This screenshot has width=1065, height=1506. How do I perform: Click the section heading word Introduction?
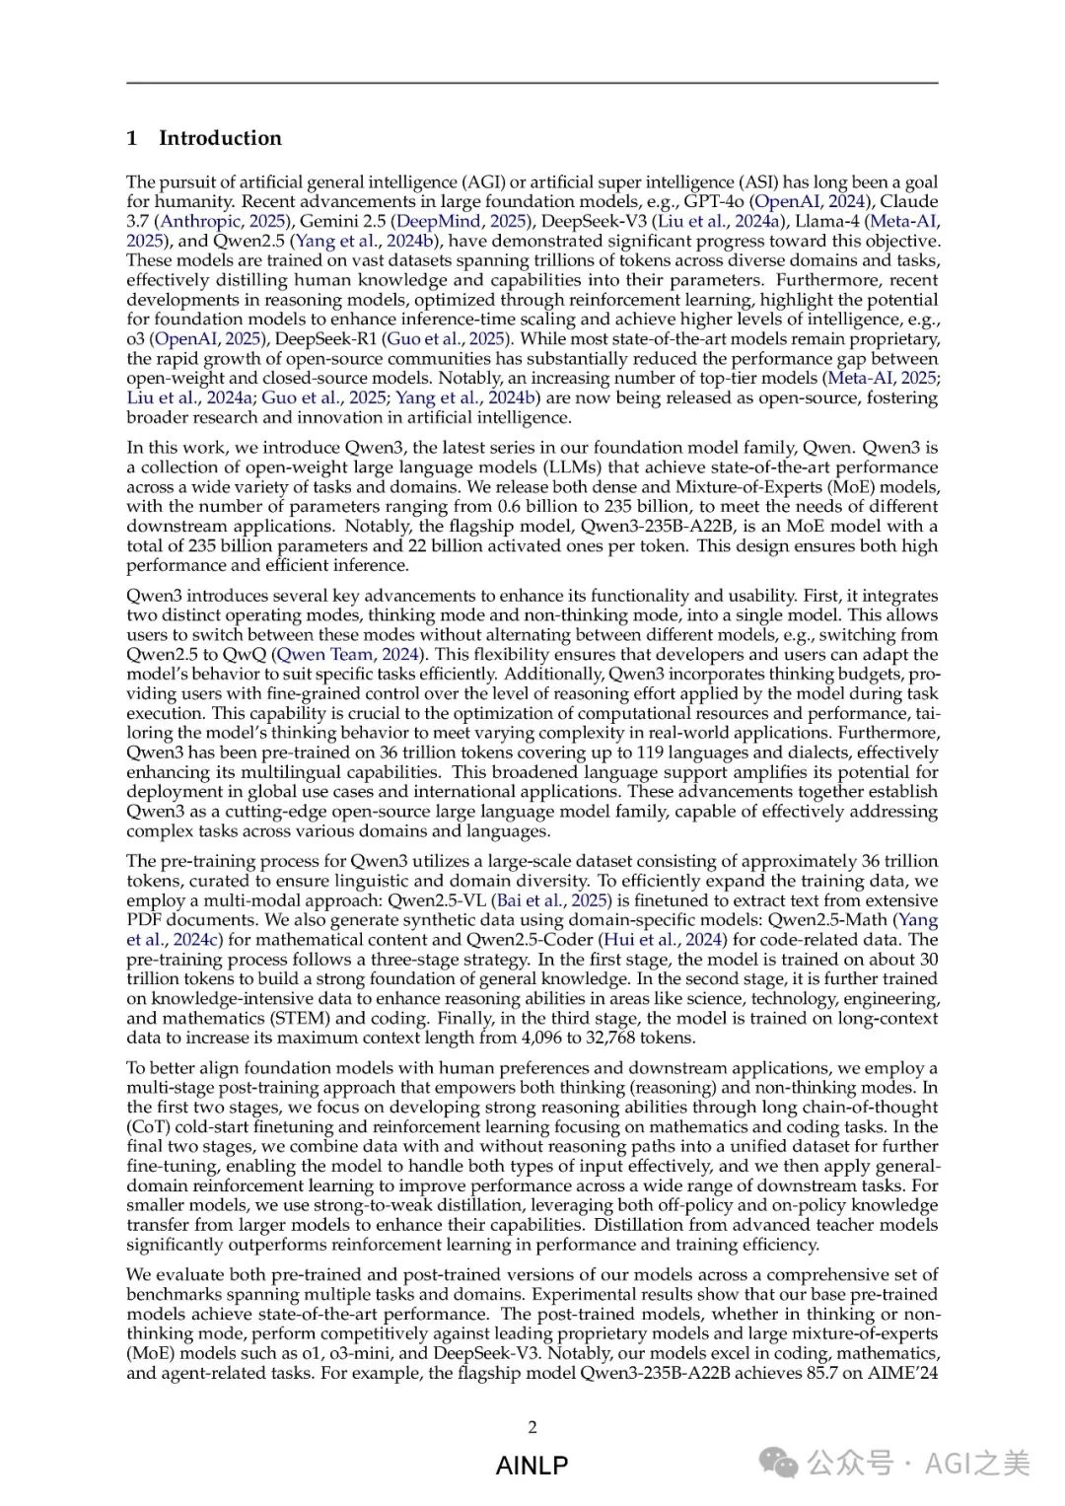tap(220, 138)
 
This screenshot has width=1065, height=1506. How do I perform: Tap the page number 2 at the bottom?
tap(532, 1427)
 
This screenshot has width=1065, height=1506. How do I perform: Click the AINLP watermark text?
tap(532, 1466)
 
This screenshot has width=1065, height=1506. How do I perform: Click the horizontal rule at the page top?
tap(532, 83)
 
